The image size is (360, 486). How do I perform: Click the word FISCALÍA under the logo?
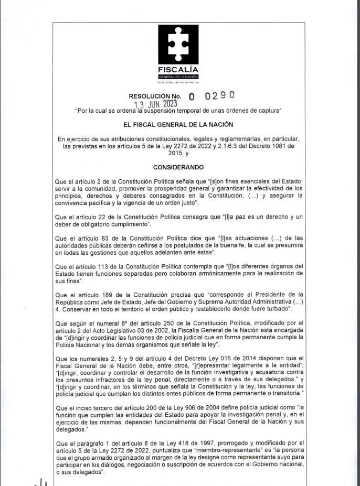[179, 70]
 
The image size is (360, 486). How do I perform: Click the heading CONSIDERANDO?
[178, 167]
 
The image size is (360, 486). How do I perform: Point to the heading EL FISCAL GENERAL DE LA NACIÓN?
[178, 125]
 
